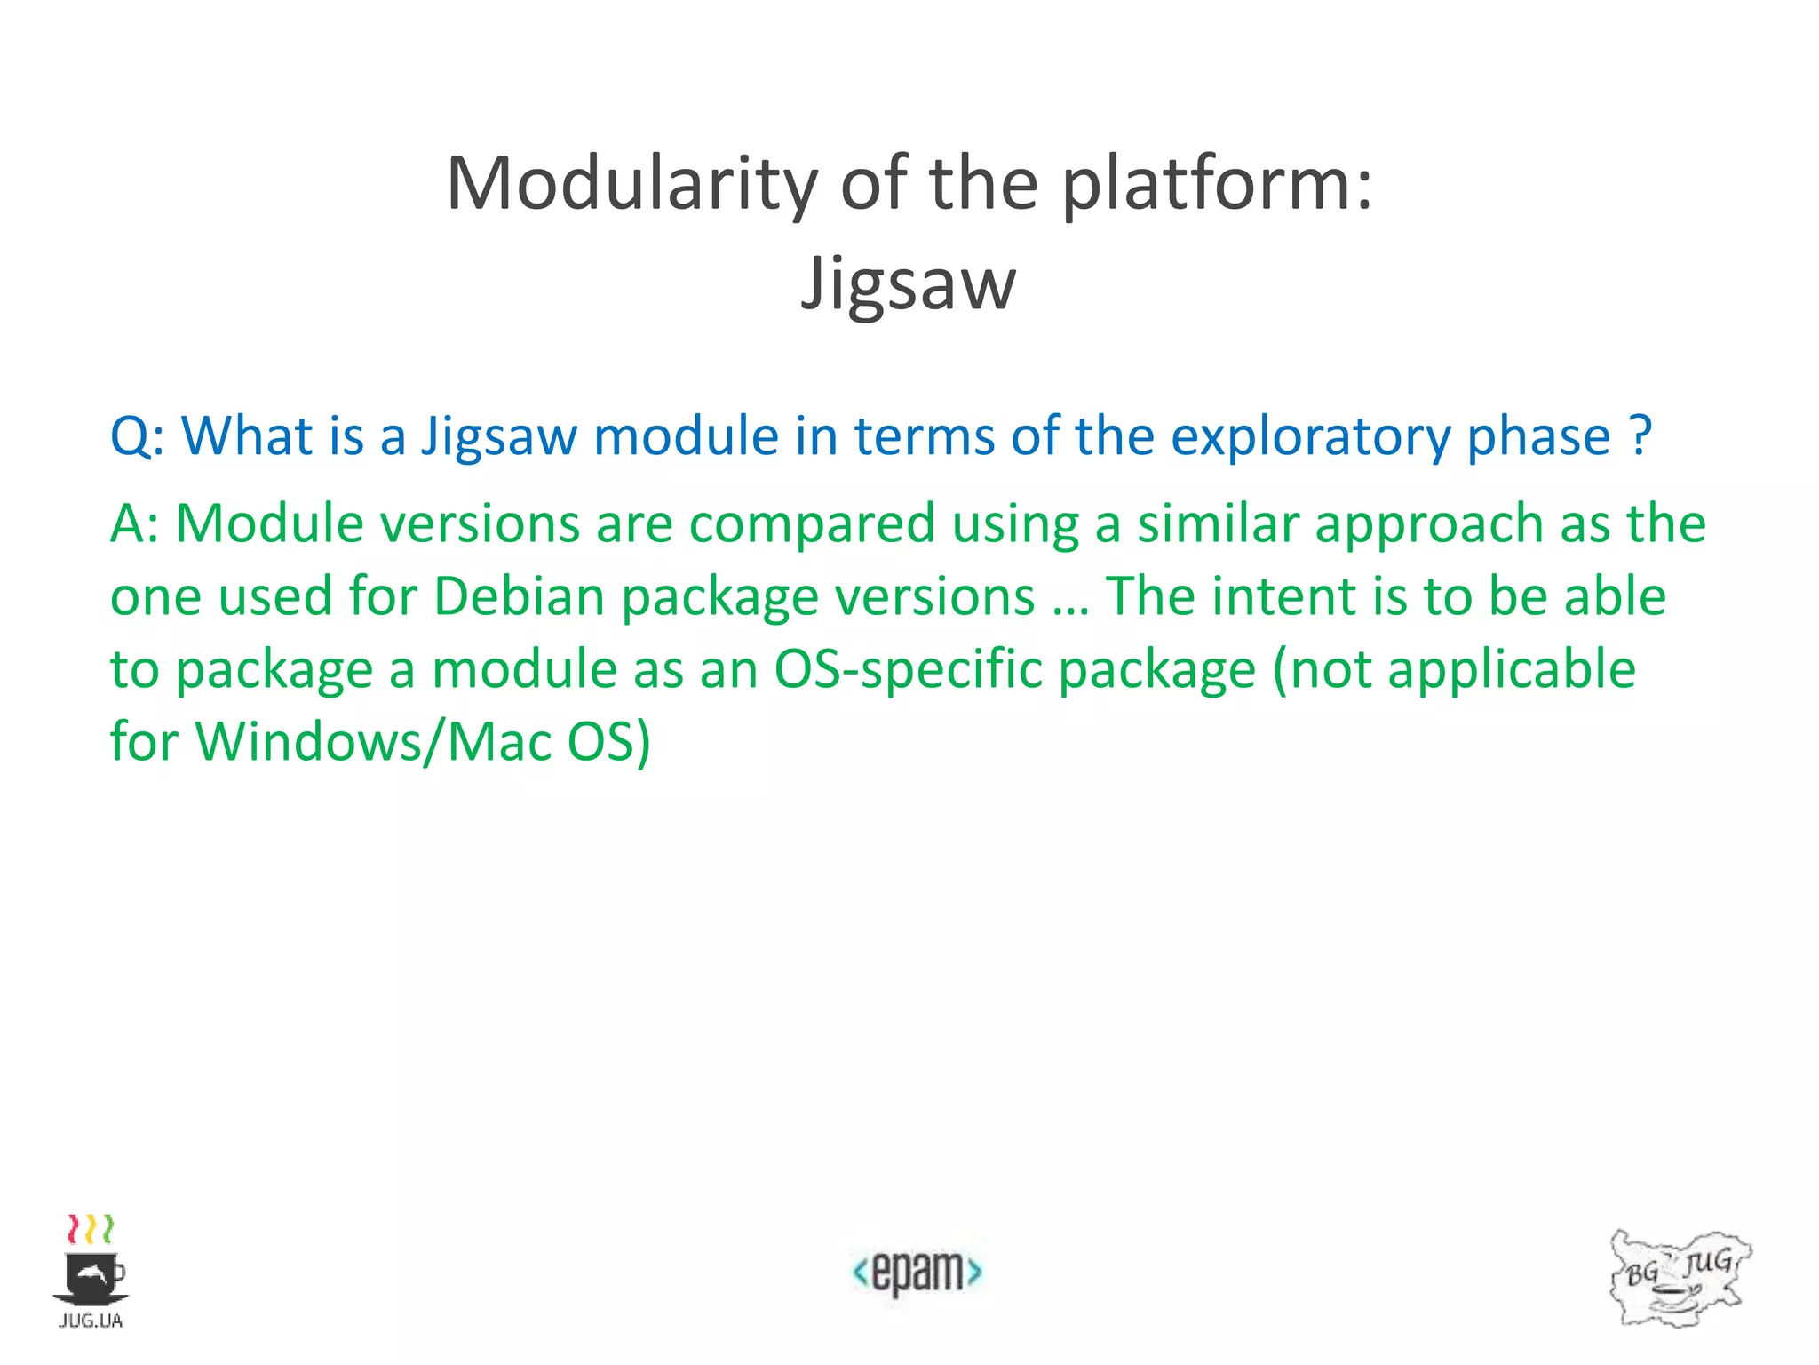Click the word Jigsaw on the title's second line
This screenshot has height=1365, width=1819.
(x=908, y=283)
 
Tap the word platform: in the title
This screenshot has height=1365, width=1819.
(x=1217, y=184)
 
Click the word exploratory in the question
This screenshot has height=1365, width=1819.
(x=1310, y=437)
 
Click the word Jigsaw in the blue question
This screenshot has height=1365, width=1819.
(x=499, y=437)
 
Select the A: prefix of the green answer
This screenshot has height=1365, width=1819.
(x=134, y=523)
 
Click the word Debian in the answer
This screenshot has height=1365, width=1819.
(x=520, y=596)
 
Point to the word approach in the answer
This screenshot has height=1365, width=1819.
(x=1428, y=523)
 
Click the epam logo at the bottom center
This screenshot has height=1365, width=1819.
(x=917, y=1272)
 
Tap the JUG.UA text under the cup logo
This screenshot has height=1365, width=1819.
(x=91, y=1321)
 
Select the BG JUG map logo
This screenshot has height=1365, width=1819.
(x=1679, y=1278)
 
